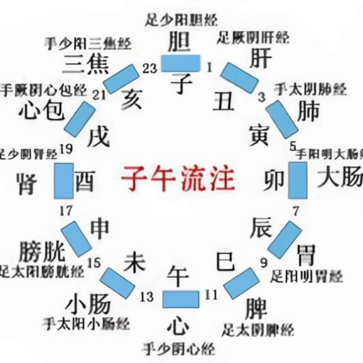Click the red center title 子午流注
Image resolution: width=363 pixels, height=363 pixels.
coord(178,178)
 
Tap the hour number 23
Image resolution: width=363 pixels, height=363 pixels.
coord(150,68)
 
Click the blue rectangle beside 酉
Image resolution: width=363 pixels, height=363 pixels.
coord(64,181)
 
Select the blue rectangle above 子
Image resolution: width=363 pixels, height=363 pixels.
coord(181,63)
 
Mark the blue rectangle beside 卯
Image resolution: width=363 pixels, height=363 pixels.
coord(298,180)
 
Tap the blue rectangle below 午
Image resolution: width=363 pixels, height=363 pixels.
coord(181,299)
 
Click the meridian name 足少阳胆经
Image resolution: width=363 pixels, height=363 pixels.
coord(181,20)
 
